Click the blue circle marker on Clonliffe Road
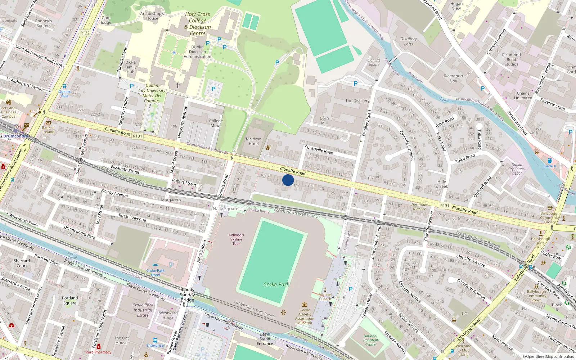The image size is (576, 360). (x=288, y=180)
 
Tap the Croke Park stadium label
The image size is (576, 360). (x=276, y=284)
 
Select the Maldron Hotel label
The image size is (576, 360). (x=254, y=141)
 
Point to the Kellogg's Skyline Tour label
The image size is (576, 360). (x=236, y=239)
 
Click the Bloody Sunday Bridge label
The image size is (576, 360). (x=187, y=295)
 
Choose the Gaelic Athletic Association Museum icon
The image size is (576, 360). (x=305, y=305)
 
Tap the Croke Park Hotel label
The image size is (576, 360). (x=156, y=273)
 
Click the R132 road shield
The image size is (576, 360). (x=85, y=33)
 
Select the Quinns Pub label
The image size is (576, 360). (x=64, y=94)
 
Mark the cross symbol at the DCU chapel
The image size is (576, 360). (x=177, y=86)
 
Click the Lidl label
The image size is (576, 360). (x=465, y=313)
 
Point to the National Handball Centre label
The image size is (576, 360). (x=370, y=340)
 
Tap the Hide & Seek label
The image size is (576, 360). (x=442, y=184)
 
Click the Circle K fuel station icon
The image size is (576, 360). (x=550, y=161)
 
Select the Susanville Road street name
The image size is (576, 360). (x=319, y=149)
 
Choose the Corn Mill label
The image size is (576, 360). (x=324, y=121)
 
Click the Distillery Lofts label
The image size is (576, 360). (x=409, y=41)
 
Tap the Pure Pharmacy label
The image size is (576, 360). (x=98, y=352)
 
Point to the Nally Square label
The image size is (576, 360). (x=225, y=209)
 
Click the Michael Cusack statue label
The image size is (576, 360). (x=325, y=297)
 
